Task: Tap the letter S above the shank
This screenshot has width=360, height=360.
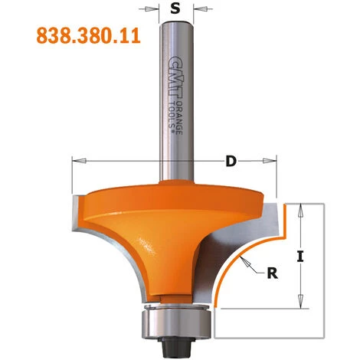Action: [x=176, y=11]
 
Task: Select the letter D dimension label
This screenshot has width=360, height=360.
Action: [x=230, y=162]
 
